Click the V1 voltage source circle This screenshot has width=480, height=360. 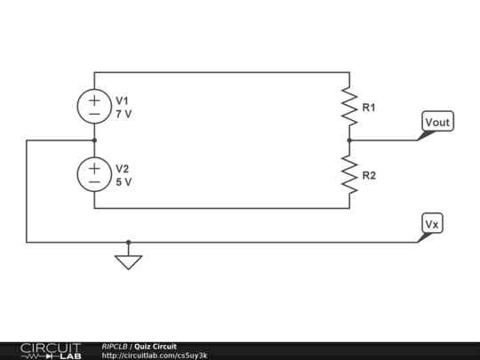(94, 107)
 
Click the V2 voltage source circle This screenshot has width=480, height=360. (94, 174)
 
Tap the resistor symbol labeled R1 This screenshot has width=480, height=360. (349, 108)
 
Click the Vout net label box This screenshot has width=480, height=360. (439, 123)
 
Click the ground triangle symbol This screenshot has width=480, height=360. (129, 261)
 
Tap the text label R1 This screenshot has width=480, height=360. (369, 108)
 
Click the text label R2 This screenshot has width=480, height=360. (369, 175)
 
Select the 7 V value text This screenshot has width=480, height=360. (124, 115)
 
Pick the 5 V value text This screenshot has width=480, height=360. (124, 181)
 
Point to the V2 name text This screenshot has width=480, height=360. (123, 168)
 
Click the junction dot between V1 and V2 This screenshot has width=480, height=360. (94, 140)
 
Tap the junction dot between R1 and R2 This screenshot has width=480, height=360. (349, 140)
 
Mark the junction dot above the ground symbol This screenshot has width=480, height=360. (129, 241)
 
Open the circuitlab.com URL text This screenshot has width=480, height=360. (155, 356)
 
